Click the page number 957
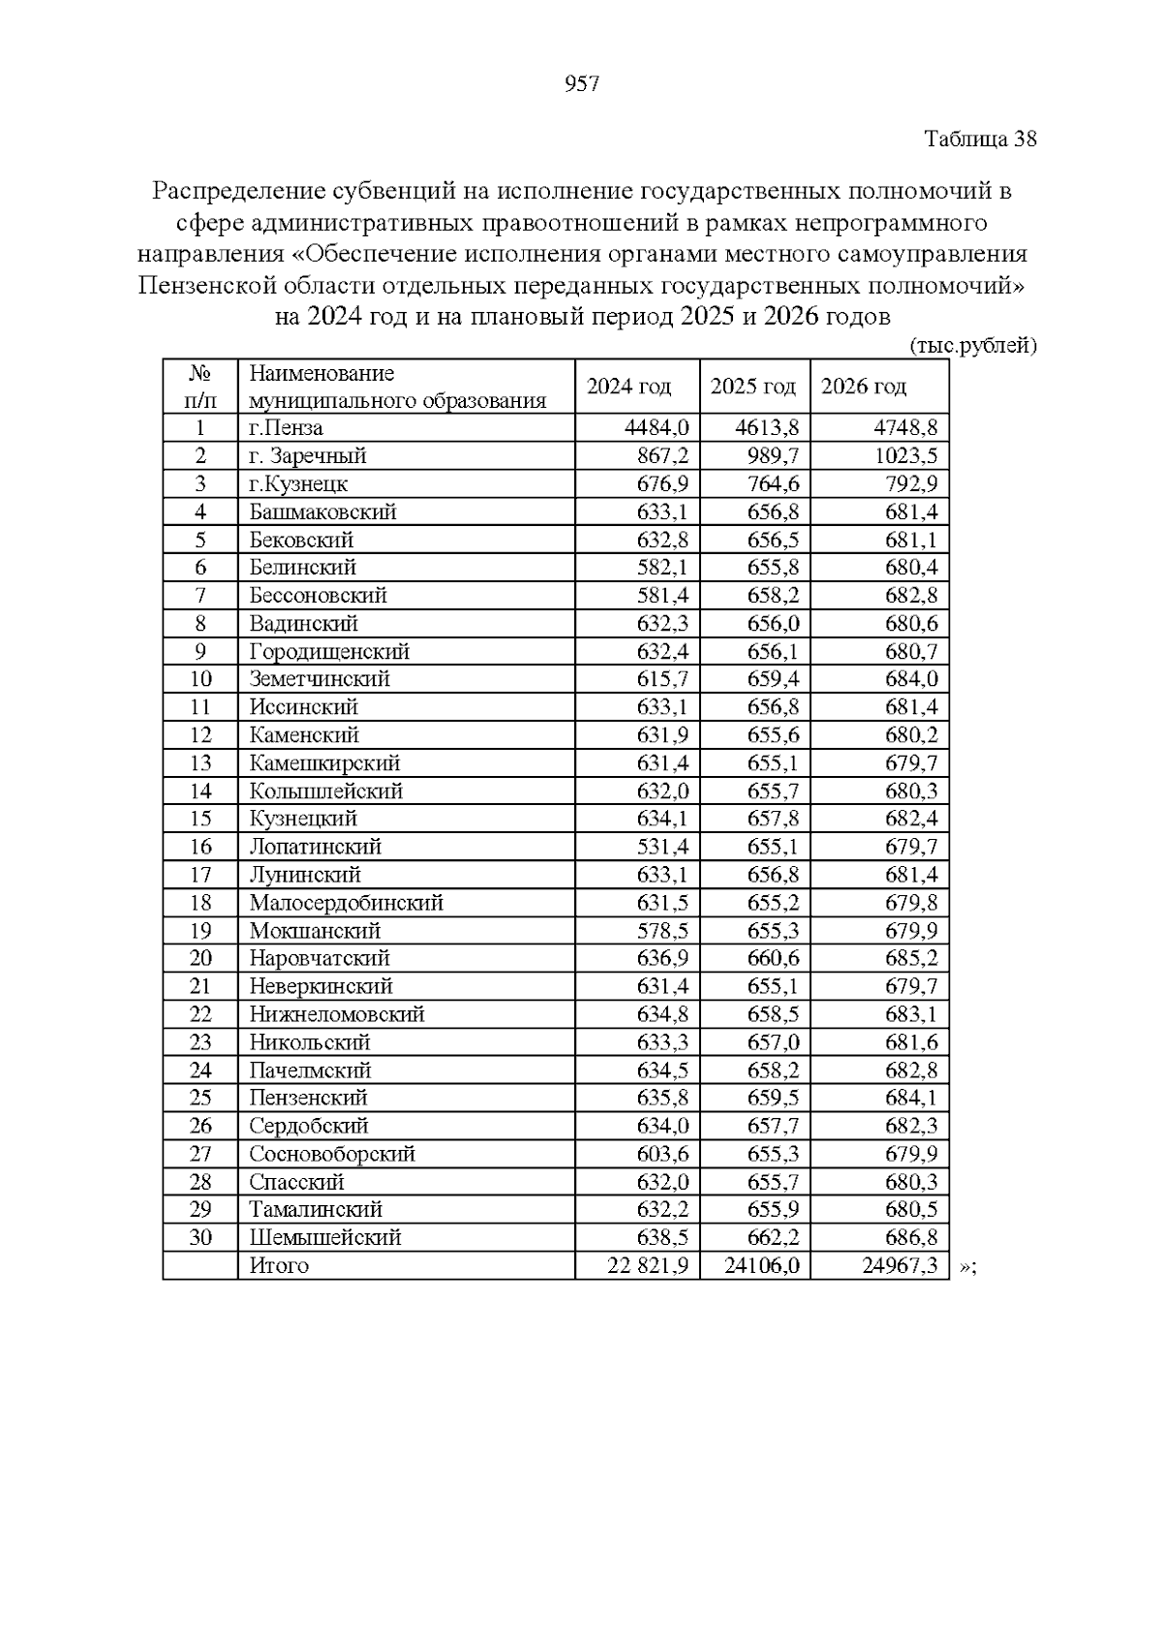[581, 84]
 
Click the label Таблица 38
[980, 139]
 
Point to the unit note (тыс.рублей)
[973, 346]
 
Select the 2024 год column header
[628, 387]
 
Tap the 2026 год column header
[864, 387]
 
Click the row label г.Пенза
[286, 428]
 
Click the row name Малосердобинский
[346, 903]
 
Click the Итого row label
[279, 1265]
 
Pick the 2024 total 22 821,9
[648, 1265]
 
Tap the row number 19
[200, 931]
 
